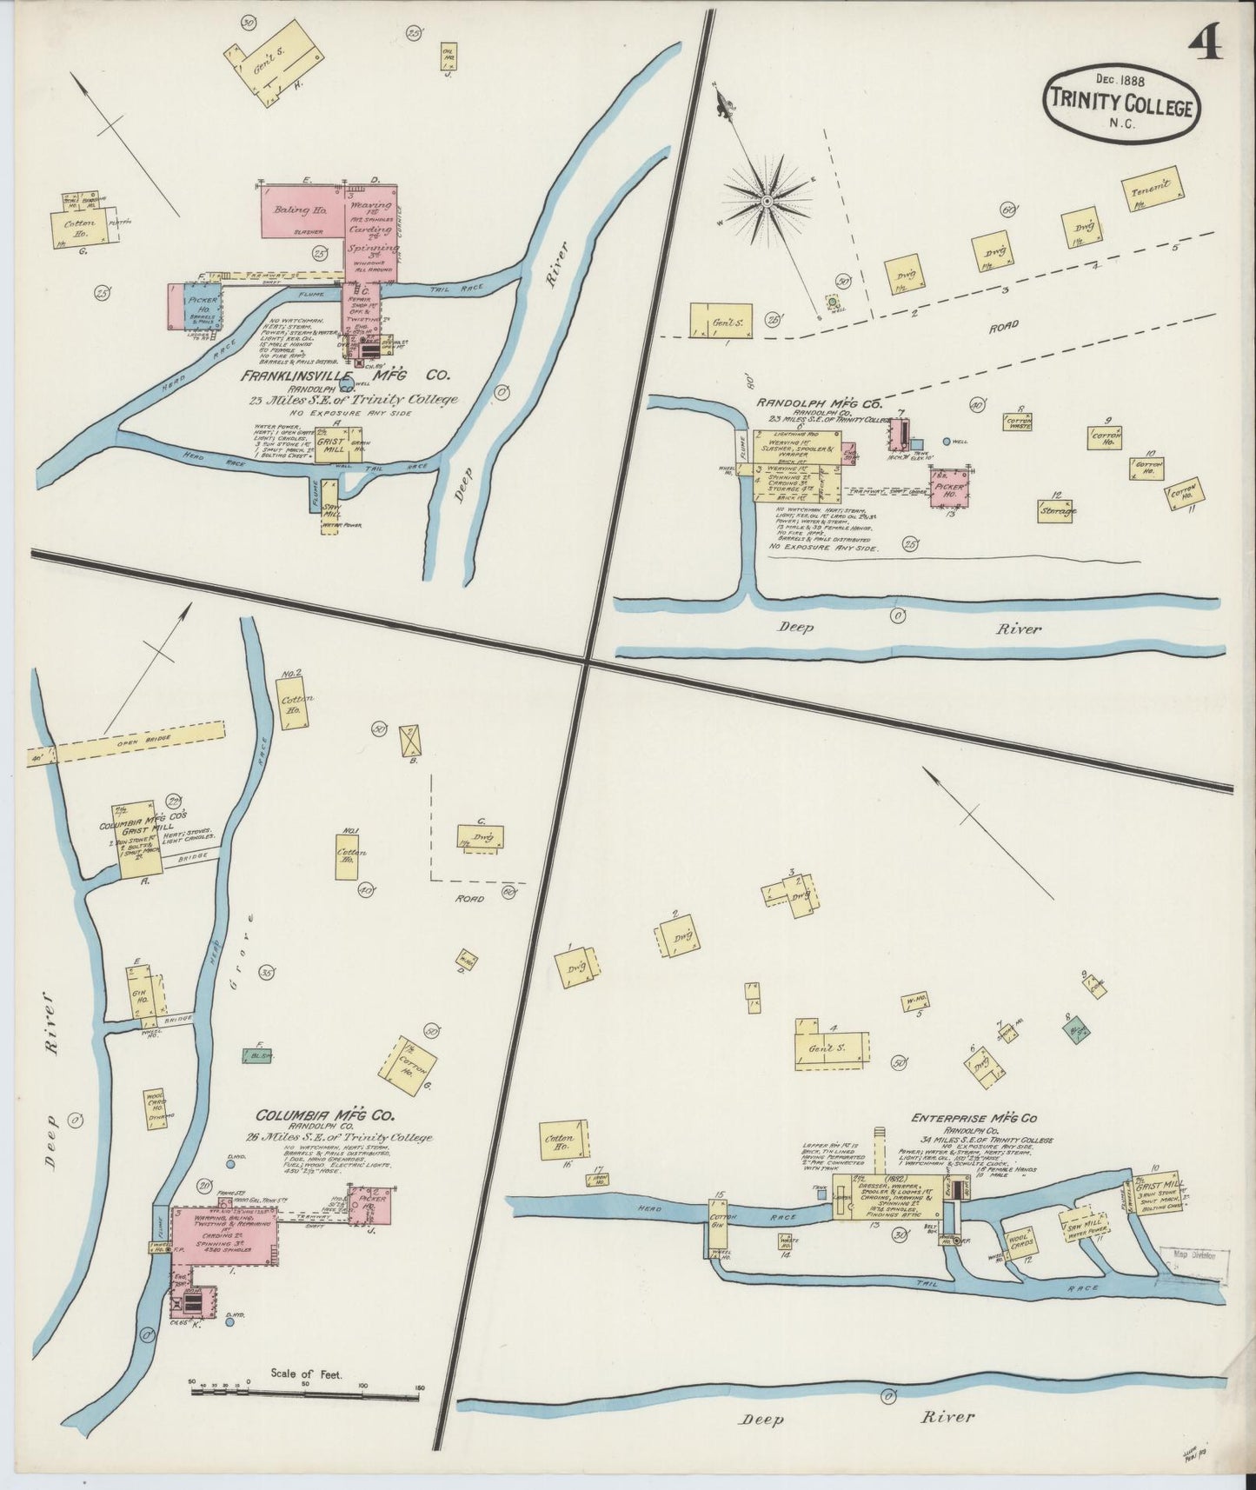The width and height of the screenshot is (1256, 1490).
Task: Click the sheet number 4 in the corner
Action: pyautogui.click(x=1206, y=41)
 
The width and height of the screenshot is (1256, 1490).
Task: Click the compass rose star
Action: pyautogui.click(x=767, y=202)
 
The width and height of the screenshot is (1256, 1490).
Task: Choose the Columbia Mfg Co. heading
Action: pyautogui.click(x=324, y=1115)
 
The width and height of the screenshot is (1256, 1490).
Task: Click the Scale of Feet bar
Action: pyautogui.click(x=305, y=1392)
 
